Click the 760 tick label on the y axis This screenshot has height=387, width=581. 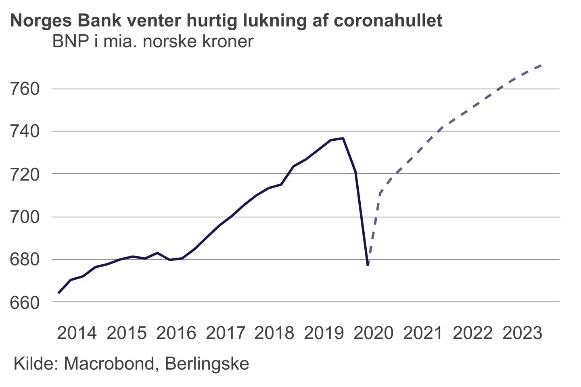pyautogui.click(x=25, y=89)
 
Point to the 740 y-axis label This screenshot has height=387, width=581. pyautogui.click(x=25, y=131)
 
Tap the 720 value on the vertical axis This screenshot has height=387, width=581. pyautogui.click(x=25, y=174)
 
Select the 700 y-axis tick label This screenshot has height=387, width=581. pyautogui.click(x=25, y=217)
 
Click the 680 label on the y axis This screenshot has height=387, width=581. pyautogui.click(x=25, y=260)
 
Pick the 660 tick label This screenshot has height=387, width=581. pyautogui.click(x=25, y=302)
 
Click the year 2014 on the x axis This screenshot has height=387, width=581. pyautogui.click(x=77, y=333)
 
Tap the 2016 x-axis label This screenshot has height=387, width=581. pyautogui.click(x=176, y=333)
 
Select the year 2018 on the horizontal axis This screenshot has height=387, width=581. pyautogui.click(x=274, y=333)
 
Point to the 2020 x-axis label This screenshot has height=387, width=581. pyautogui.click(x=373, y=333)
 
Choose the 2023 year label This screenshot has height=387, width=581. pyautogui.click(x=522, y=333)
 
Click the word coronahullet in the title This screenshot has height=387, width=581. pyautogui.click(x=388, y=20)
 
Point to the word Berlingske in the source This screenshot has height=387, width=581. pyautogui.click(x=207, y=364)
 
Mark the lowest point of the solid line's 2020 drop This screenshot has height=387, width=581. pyautogui.click(x=368, y=265)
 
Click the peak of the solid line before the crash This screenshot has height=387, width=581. pyautogui.click(x=343, y=138)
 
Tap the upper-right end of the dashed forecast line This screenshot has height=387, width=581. pyautogui.click(x=541, y=65)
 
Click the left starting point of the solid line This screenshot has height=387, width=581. pyautogui.click(x=59, y=293)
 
